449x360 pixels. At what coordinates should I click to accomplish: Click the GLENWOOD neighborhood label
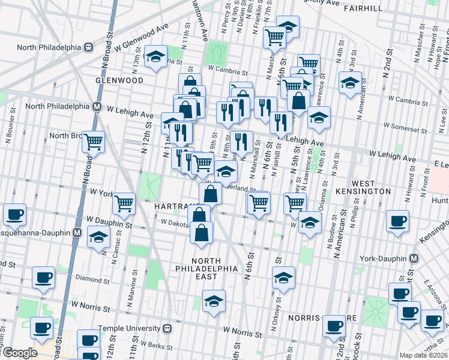[119, 80]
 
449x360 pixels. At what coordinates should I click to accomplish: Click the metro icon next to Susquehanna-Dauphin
[77, 232]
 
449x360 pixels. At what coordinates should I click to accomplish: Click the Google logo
[19, 353]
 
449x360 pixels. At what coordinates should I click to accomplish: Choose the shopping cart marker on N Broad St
[93, 142]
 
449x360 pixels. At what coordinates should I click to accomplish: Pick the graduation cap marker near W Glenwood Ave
[156, 57]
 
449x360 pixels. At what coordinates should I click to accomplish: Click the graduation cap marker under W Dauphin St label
[98, 236]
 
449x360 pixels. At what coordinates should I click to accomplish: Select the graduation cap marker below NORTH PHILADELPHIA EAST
[213, 302]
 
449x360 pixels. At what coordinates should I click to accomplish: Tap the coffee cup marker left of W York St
[14, 214]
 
